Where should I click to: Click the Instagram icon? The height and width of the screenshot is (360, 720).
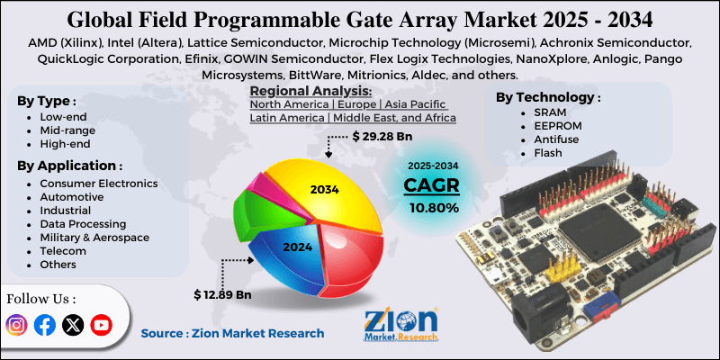click(x=17, y=325)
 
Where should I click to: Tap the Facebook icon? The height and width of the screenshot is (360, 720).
click(x=45, y=325)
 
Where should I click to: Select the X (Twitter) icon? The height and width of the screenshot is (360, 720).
click(x=73, y=325)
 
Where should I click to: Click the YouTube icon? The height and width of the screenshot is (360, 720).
click(x=101, y=325)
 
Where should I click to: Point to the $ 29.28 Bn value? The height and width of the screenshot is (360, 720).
click(x=382, y=137)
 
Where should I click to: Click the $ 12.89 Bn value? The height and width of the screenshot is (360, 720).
click(x=222, y=294)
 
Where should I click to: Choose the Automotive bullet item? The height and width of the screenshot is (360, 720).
click(x=70, y=196)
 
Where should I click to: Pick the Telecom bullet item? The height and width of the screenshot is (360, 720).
click(x=63, y=250)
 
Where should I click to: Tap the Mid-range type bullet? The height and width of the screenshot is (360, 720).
click(x=67, y=130)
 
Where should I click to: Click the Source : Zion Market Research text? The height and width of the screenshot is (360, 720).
click(x=232, y=333)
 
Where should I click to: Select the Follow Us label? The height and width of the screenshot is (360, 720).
click(x=41, y=298)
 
